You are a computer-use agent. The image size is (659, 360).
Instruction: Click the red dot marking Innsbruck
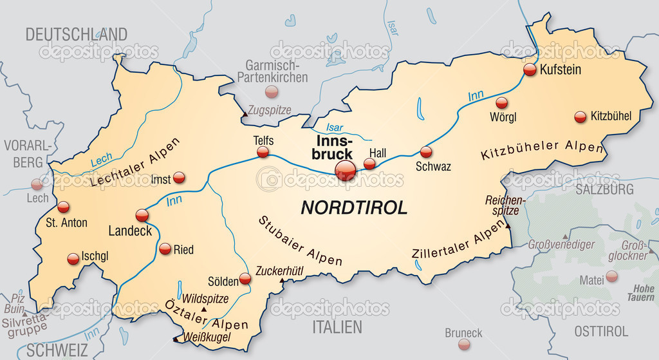click(x=346, y=171)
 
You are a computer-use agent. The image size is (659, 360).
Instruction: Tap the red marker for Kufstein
click(x=530, y=70)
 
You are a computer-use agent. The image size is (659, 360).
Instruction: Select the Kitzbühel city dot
click(x=580, y=117)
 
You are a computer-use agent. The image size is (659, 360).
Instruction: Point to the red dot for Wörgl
click(x=501, y=102)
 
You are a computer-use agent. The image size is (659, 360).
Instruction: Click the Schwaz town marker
click(x=425, y=152)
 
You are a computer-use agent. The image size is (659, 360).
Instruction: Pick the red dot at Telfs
click(x=263, y=152)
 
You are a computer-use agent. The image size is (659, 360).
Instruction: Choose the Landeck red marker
click(x=142, y=215)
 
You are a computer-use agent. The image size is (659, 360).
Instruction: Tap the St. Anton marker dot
click(x=63, y=207)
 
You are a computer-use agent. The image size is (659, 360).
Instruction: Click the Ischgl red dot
click(x=73, y=259)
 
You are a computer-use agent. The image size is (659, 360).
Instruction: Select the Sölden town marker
click(x=245, y=279)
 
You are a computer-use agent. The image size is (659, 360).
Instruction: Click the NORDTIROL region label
click(x=354, y=207)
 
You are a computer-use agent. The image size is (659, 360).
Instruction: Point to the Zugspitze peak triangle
click(x=245, y=115)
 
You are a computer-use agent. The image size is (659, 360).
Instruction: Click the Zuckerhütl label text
click(x=280, y=271)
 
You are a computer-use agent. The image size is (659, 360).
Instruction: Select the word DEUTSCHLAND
click(x=76, y=34)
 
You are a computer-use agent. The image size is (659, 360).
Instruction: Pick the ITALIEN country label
click(x=337, y=327)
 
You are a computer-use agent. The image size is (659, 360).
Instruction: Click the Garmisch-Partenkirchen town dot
click(x=272, y=91)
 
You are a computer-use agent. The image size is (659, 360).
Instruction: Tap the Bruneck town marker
click(x=464, y=345)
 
